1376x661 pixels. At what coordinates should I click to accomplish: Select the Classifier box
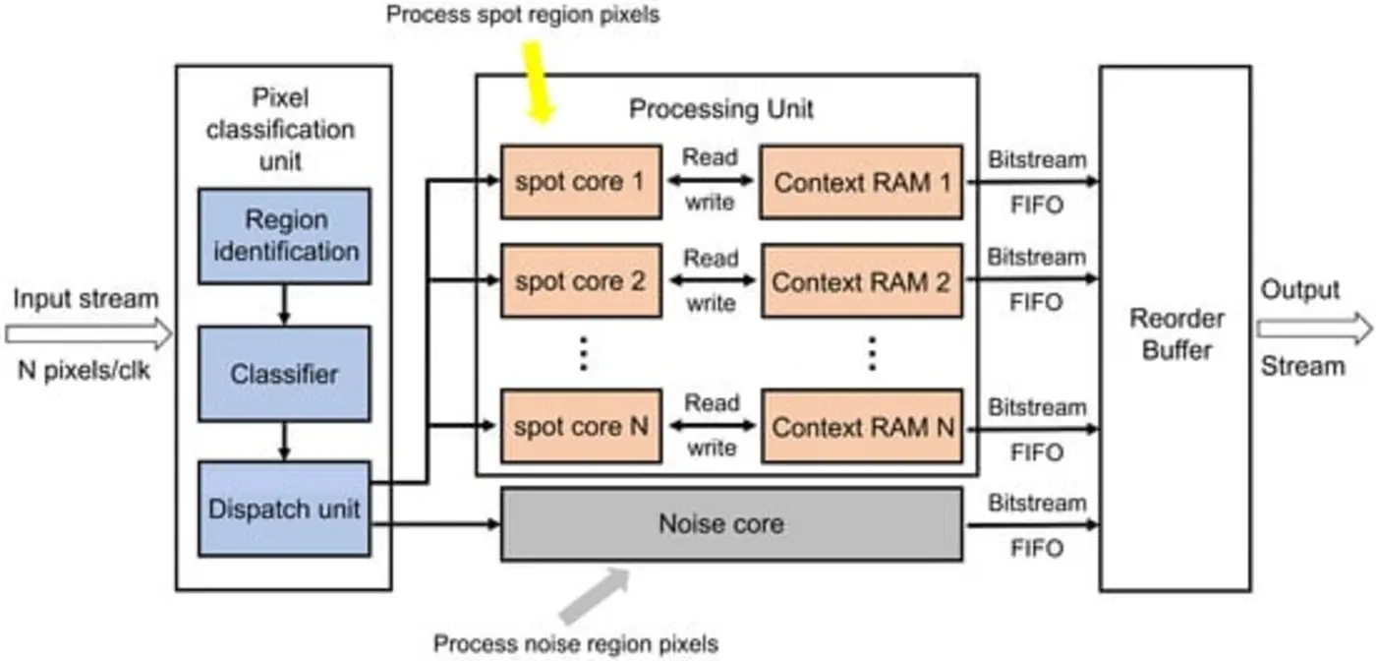[x=284, y=375]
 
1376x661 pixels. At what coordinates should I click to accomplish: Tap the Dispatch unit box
[x=284, y=509]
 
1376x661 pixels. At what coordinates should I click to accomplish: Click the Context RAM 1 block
[x=861, y=182]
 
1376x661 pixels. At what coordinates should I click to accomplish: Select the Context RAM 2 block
[x=861, y=281]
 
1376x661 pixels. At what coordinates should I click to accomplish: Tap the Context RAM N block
[x=861, y=427]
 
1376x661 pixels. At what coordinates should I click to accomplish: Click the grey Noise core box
[x=730, y=524]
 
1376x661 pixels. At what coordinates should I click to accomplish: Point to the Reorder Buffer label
[x=1176, y=334]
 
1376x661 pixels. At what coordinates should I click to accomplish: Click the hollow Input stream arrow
[x=88, y=334]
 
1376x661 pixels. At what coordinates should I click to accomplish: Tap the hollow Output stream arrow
[x=1317, y=330]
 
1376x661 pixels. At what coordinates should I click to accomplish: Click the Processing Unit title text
[x=720, y=108]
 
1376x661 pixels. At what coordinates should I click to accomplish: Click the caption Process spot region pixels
[x=522, y=15]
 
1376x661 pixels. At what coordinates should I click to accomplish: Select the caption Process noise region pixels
[x=576, y=644]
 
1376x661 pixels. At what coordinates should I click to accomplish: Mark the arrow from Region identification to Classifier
[x=284, y=305]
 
